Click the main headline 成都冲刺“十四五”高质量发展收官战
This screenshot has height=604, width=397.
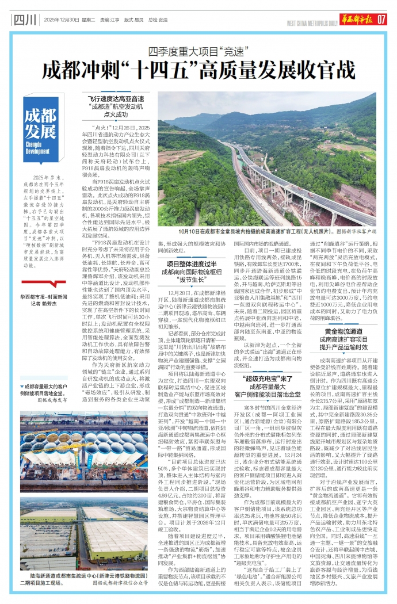(x=199, y=70)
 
